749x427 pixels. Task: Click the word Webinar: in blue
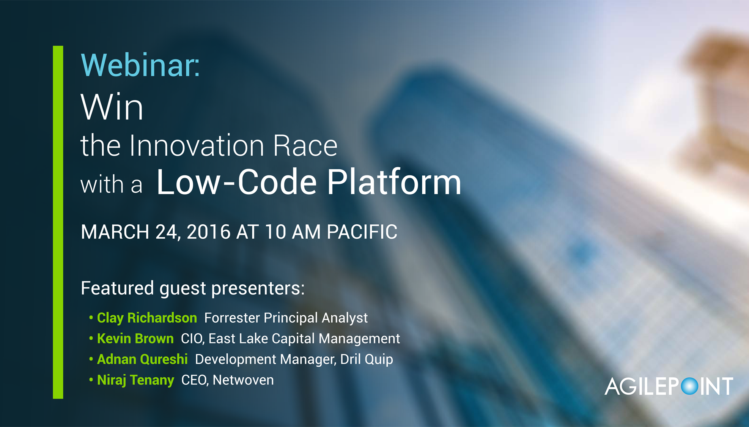click(140, 65)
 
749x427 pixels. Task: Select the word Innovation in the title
click(197, 145)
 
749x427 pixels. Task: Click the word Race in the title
click(305, 145)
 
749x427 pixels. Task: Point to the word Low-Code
click(236, 182)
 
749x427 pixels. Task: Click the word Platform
click(394, 182)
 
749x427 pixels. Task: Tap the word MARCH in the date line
click(115, 232)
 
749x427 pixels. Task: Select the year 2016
click(208, 232)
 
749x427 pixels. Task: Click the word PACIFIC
click(362, 232)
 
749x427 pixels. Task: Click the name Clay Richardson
click(147, 318)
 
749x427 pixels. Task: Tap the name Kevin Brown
click(135, 339)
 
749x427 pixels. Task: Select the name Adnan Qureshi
click(142, 359)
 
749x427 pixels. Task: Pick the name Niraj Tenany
click(135, 380)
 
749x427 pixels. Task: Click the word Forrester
click(232, 318)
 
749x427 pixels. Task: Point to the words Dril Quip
click(367, 359)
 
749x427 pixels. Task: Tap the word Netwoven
click(243, 380)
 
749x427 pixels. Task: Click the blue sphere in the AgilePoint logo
click(689, 386)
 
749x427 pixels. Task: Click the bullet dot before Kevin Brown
click(91, 338)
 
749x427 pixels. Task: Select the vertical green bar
click(58, 222)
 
